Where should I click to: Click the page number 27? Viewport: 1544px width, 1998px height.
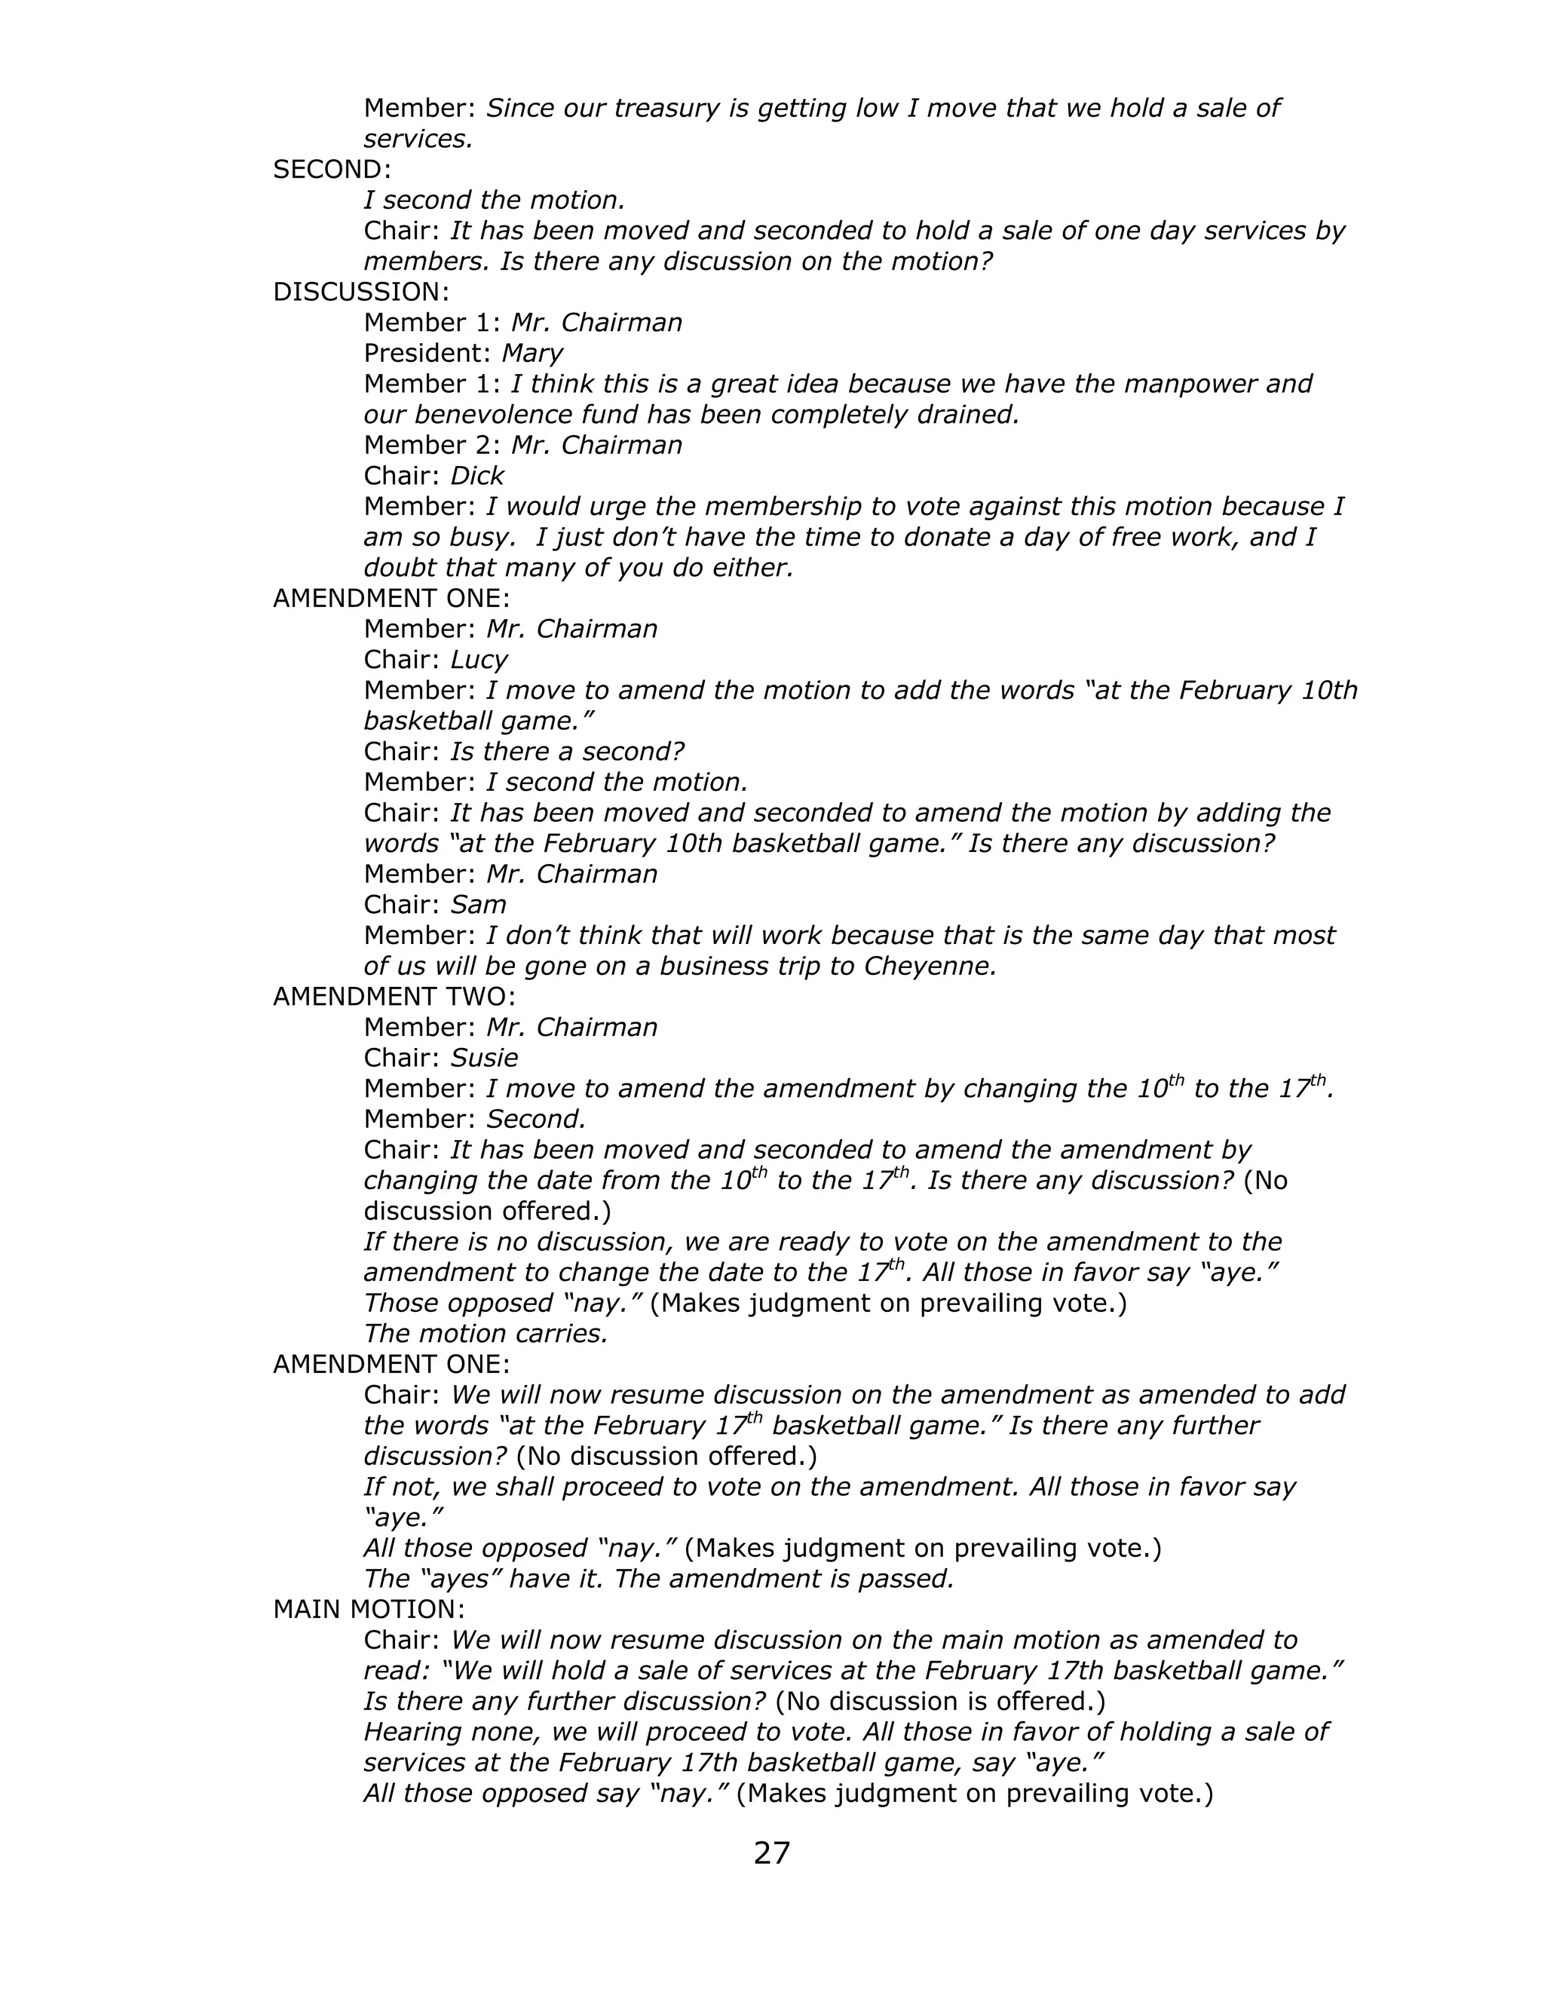point(771,1853)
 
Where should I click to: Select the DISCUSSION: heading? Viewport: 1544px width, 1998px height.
point(361,293)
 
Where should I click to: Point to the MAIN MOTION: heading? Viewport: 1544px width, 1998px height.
point(369,1609)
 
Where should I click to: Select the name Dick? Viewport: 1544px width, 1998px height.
point(476,477)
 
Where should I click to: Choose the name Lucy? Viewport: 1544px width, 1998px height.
point(479,660)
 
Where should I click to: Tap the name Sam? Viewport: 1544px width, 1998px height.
point(477,906)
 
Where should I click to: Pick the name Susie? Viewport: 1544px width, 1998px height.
point(484,1059)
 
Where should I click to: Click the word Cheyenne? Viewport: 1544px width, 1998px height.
point(928,967)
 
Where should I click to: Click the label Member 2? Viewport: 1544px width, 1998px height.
point(432,446)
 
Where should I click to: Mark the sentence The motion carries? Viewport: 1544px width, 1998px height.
point(486,1334)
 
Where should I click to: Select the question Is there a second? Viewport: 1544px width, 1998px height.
point(566,752)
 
